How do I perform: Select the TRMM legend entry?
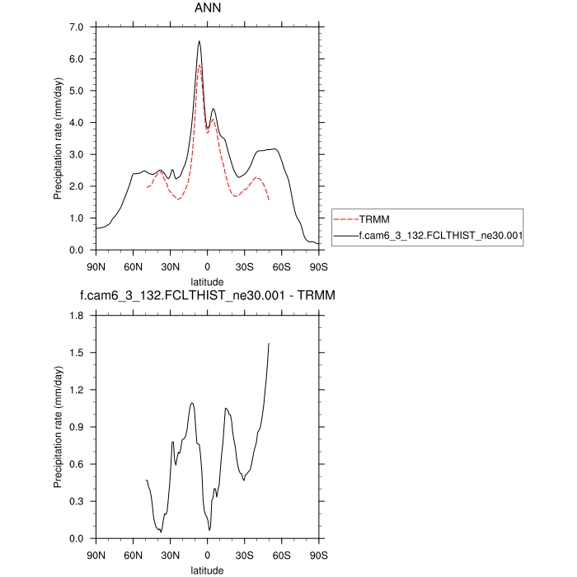pos(372,220)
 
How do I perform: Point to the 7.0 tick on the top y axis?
pos(77,27)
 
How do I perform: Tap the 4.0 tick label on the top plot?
pos(77,123)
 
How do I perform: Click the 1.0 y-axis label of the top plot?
pos(77,218)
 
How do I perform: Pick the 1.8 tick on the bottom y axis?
pos(77,316)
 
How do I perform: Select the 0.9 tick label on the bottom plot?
pos(77,427)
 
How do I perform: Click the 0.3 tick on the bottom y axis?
pos(77,501)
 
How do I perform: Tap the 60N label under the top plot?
pos(133,266)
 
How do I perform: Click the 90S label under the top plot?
pos(318,266)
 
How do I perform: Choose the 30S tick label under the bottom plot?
pos(244,555)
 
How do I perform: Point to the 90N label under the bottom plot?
pos(96,555)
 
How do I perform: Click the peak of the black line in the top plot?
pos(199,41)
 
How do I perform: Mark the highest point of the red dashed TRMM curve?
pos(199,65)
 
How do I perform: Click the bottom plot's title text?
pos(207,294)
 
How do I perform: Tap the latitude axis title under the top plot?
pos(207,281)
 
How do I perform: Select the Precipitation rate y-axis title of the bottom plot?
pos(58,427)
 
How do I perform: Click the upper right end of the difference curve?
pos(269,343)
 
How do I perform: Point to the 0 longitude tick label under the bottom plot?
pos(207,555)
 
